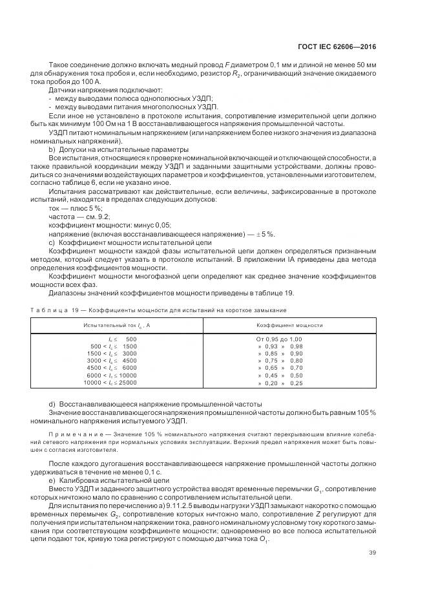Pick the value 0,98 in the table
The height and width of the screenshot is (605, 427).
[x=297, y=346]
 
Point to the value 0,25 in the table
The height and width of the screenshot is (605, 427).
[x=297, y=383]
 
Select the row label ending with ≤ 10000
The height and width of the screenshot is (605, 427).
[x=112, y=376]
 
